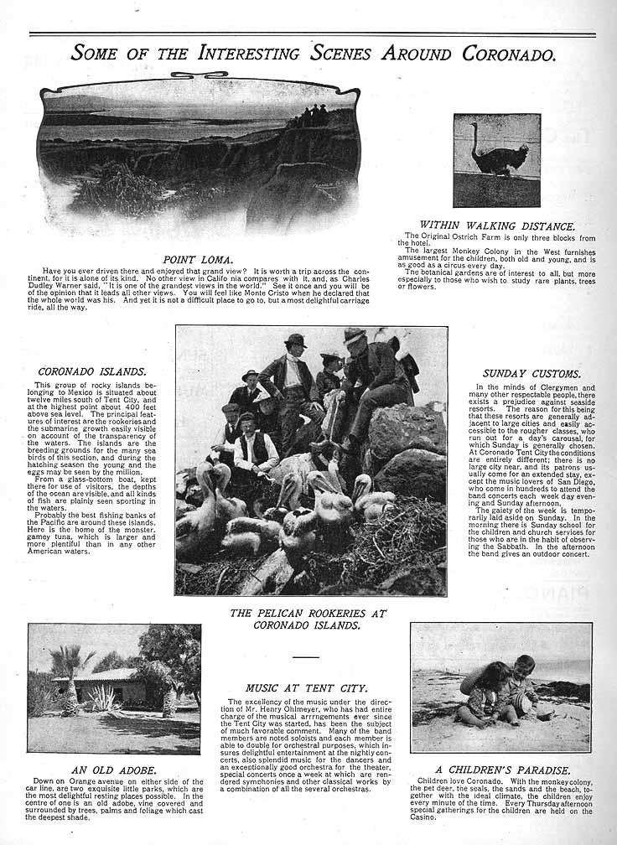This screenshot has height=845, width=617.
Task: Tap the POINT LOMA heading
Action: tap(197, 260)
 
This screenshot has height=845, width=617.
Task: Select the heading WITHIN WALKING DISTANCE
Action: tap(497, 226)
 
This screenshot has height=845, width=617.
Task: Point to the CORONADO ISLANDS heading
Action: tap(92, 371)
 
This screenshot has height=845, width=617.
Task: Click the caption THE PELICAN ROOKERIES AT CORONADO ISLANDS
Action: tap(308, 619)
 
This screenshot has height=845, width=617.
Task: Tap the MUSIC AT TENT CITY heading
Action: tap(307, 688)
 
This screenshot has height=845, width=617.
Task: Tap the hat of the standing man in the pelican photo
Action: tap(295, 340)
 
